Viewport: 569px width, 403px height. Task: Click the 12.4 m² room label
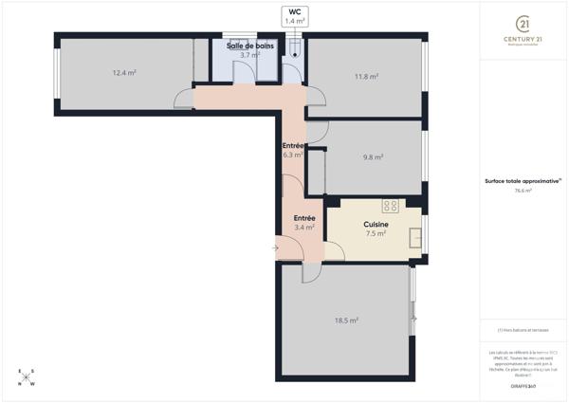pyautogui.click(x=124, y=73)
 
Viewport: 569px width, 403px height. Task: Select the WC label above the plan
pyautogui.click(x=295, y=16)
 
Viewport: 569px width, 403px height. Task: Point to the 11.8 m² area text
pyautogui.click(x=366, y=77)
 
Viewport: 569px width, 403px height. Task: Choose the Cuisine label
pyautogui.click(x=376, y=225)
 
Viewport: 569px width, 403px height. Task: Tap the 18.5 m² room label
pyautogui.click(x=345, y=321)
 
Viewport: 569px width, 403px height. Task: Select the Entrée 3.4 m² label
pyautogui.click(x=303, y=222)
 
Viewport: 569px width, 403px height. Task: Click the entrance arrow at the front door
pyautogui.click(x=275, y=249)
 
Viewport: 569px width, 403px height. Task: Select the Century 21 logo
pyautogui.click(x=522, y=28)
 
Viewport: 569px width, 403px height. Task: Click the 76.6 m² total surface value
pyautogui.click(x=523, y=191)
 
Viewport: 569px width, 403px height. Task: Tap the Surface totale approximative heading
pyautogui.click(x=522, y=180)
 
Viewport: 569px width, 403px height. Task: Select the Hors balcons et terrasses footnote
pyautogui.click(x=523, y=330)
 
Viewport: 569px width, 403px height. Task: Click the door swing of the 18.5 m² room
pyautogui.click(x=308, y=273)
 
